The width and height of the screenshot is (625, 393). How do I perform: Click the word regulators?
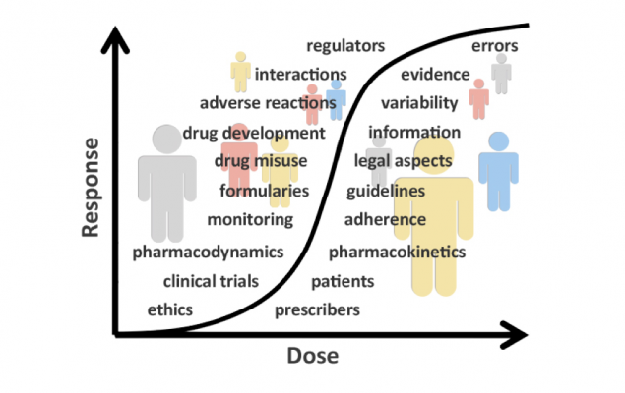(345, 46)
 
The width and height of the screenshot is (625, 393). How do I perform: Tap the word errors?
(495, 46)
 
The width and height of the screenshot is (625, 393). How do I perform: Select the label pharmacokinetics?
(397, 253)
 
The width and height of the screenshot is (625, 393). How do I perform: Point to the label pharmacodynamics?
(208, 253)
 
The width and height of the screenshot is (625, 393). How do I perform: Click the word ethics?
(169, 309)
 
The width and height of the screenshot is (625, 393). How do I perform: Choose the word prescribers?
(317, 310)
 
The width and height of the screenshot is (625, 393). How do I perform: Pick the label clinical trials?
(211, 281)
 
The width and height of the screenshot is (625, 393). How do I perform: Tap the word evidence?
(436, 75)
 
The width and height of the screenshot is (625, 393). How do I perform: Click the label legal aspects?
(404, 160)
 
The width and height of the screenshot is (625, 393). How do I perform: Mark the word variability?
(419, 103)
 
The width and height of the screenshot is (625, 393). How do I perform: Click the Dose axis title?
(313, 356)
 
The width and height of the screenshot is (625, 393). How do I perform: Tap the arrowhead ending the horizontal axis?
(519, 335)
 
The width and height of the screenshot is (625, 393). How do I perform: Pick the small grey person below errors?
(501, 74)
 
